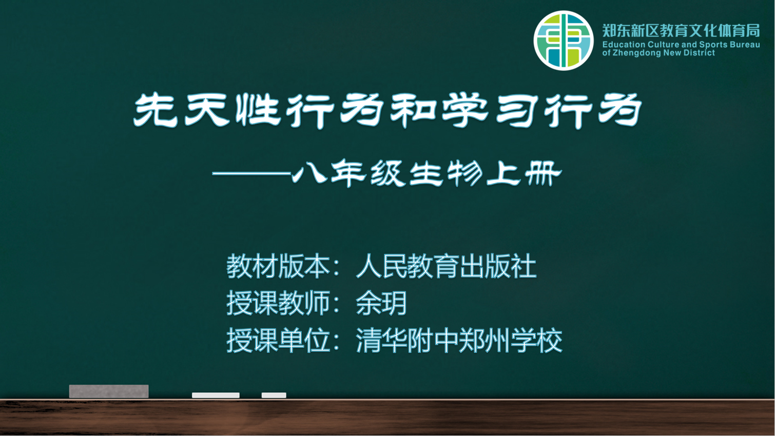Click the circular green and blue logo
[564, 41]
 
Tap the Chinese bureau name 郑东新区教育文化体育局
[681, 31]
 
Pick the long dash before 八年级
[251, 173]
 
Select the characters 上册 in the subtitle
[524, 173]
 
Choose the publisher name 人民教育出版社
[447, 266]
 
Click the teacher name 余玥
[381, 303]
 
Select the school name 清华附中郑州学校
[459, 340]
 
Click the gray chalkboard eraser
[109, 391]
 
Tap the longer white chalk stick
[216, 395]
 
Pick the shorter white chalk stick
[274, 395]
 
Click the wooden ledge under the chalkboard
[387, 417]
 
